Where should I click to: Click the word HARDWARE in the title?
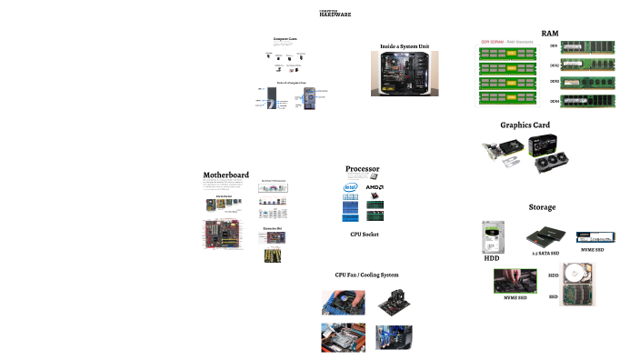(x=335, y=15)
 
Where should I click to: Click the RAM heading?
(x=549, y=33)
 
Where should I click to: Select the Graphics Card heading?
(x=525, y=125)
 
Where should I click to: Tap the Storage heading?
(x=542, y=207)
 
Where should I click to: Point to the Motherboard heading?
(x=225, y=175)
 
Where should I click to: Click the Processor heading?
(x=362, y=169)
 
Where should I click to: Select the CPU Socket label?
(x=364, y=234)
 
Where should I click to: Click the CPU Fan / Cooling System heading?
(x=366, y=274)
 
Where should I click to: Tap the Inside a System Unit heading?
(x=405, y=45)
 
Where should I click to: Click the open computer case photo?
(x=405, y=74)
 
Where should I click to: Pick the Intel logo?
(x=349, y=188)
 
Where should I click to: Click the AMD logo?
(x=375, y=188)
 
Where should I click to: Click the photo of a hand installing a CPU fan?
(x=344, y=301)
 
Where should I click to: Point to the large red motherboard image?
(x=221, y=235)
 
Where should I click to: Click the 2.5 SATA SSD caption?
(x=545, y=254)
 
